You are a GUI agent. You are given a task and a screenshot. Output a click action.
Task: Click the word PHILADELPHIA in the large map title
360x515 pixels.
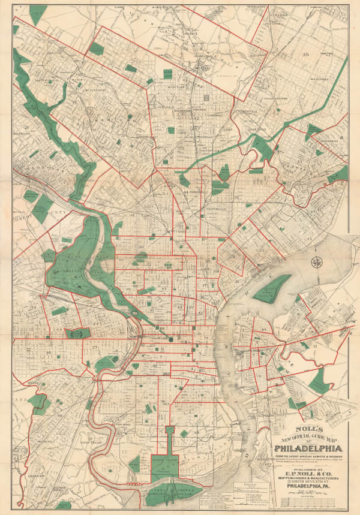tap(308, 447)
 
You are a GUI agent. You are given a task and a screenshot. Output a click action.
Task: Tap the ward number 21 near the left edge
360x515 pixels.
tap(28, 127)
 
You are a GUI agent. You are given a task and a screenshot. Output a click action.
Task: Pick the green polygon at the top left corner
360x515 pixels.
tap(38, 13)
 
